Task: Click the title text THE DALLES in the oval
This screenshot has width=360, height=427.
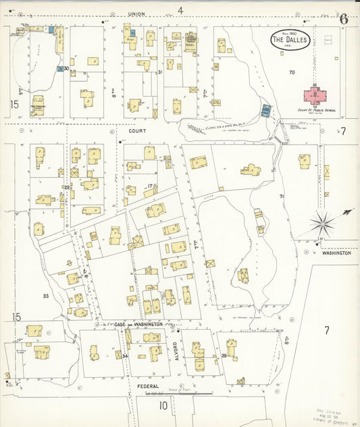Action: point(290,41)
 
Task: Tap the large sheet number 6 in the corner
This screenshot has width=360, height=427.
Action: point(343,18)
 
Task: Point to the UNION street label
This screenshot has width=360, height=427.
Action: point(137,14)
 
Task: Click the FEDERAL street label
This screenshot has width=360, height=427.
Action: point(147,386)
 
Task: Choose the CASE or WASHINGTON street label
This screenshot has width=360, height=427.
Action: point(138,324)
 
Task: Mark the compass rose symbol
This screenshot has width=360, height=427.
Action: point(324,222)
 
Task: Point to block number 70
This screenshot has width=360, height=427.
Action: point(291,72)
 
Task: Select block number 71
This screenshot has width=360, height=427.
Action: point(282,196)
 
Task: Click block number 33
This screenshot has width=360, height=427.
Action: point(46,296)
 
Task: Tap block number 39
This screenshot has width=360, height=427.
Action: point(224,355)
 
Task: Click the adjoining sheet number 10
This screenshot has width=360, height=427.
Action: point(163,405)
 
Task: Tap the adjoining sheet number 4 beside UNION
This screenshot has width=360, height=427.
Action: point(180,10)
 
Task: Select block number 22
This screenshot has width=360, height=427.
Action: point(67,187)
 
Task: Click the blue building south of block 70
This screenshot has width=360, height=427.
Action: point(265,110)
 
